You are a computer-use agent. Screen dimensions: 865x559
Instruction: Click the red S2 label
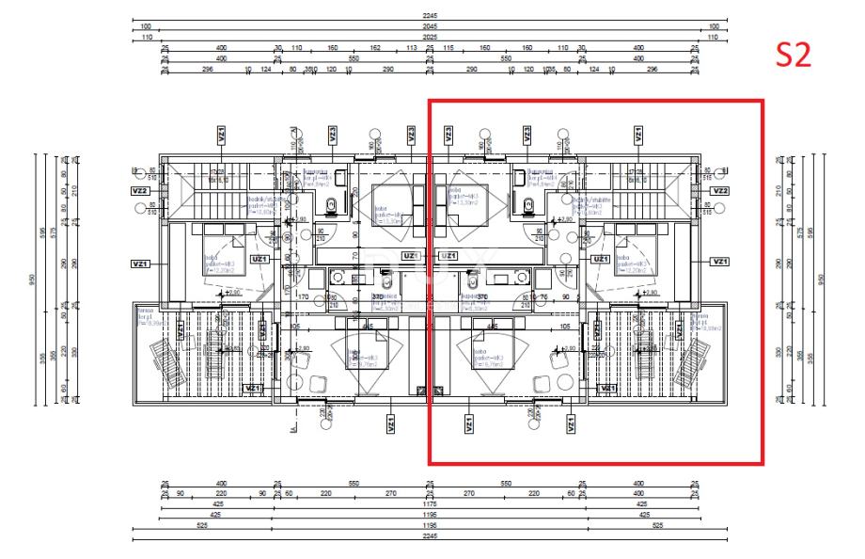(792, 56)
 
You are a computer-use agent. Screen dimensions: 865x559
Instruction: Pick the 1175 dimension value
(430, 503)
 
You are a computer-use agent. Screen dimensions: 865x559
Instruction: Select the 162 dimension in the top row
(374, 46)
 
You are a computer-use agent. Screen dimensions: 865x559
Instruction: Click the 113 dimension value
(412, 46)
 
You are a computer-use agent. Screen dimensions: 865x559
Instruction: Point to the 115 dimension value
(448, 46)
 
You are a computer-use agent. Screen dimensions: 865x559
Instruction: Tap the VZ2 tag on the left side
(140, 190)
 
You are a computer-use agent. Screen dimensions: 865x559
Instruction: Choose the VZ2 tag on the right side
(720, 190)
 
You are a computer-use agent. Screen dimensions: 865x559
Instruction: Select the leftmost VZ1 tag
(140, 263)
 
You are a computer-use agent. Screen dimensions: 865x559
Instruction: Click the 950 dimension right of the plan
(823, 279)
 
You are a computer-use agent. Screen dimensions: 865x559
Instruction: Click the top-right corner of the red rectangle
(763, 100)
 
